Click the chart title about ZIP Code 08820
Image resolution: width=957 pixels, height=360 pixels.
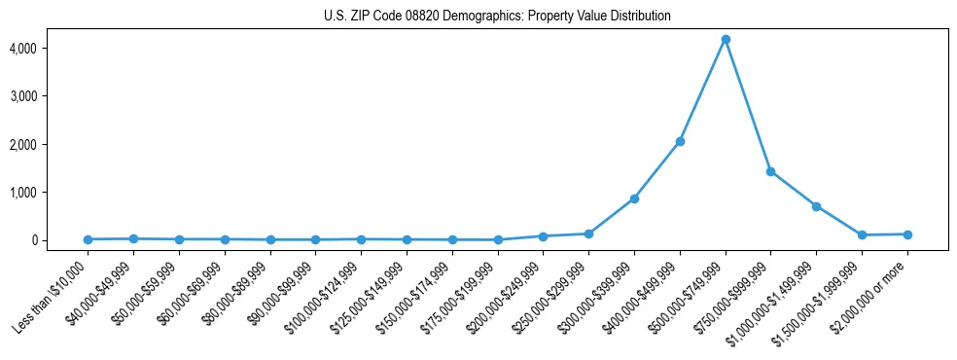coord(497,16)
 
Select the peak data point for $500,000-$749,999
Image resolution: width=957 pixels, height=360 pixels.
coord(726,40)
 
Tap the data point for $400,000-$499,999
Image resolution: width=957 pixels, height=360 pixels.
coord(680,141)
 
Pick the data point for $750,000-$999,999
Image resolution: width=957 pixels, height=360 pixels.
coord(770,171)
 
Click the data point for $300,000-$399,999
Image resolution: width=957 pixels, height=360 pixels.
coord(634,198)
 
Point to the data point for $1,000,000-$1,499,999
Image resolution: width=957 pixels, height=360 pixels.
coord(816,206)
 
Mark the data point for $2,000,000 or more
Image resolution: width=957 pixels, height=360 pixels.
coord(907,234)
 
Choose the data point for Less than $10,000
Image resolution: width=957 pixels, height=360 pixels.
coord(89,239)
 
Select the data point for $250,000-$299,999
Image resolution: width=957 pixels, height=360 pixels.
coord(588,234)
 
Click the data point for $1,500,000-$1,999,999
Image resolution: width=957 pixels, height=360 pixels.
coord(862,235)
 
